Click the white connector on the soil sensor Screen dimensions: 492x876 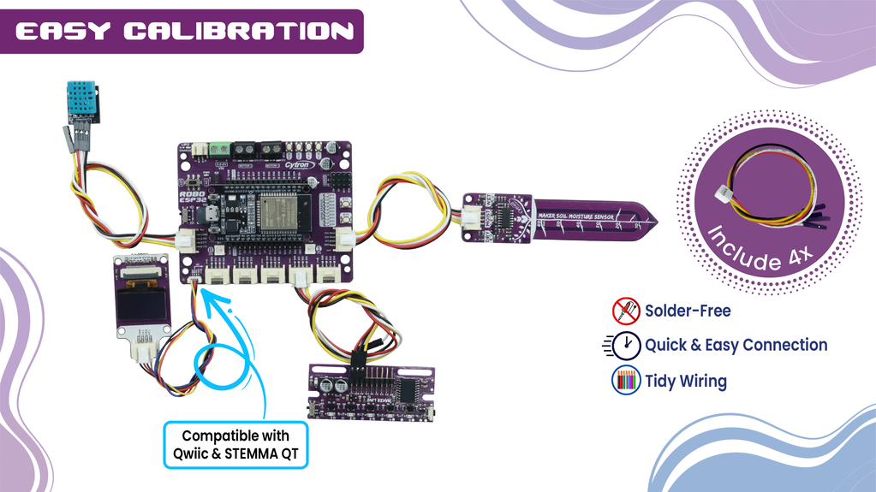[472, 219]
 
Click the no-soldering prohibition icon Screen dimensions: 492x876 [625, 310]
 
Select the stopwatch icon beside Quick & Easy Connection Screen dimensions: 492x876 [626, 345]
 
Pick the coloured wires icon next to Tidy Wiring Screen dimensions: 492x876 [626, 381]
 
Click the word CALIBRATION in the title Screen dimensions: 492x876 [238, 32]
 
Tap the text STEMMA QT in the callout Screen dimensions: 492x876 [265, 453]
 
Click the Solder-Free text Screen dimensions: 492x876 [688, 310]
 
